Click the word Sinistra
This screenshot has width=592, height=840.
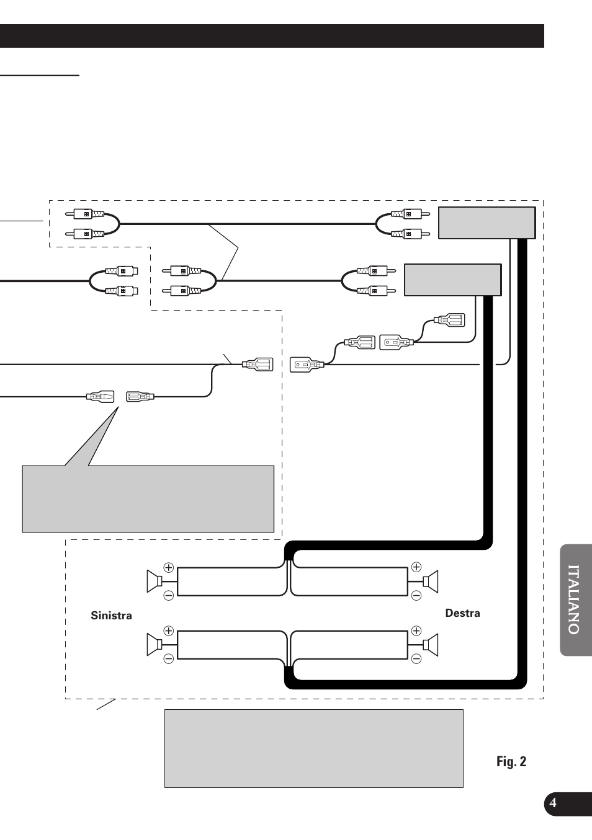111,616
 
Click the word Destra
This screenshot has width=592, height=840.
462,613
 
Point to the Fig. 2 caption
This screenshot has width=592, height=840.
511,762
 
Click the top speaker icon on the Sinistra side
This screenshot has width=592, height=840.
154,581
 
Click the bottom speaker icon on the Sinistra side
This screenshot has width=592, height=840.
154,645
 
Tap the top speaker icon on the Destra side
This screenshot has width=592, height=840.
431,581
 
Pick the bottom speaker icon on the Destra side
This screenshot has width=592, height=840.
431,645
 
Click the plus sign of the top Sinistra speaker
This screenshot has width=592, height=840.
168,567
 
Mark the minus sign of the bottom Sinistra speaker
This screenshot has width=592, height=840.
168,659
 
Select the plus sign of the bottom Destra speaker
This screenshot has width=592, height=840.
416,631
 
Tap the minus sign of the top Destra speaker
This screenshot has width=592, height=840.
416,595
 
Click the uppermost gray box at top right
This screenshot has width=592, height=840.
487,223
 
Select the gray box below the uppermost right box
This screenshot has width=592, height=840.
452,280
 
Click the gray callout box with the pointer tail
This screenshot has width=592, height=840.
148,498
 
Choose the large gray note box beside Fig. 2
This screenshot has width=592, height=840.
313,748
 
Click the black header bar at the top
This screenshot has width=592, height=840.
272,36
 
